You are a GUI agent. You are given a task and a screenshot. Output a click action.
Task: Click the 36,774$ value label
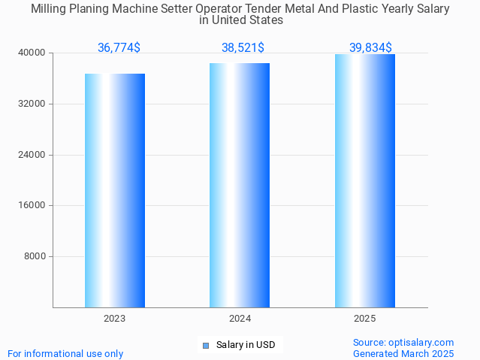pos(119,48)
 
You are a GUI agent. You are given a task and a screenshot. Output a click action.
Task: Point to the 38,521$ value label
pos(243,48)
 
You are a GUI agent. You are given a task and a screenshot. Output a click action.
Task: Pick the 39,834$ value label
pos(370,48)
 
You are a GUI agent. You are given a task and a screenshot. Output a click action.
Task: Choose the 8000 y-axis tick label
pos(35,256)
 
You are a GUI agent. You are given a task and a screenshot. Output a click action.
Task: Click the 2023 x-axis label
pos(115,319)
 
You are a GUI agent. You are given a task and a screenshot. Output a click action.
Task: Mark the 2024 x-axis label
pos(240,319)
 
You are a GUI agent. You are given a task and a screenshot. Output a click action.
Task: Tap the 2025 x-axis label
pos(365,319)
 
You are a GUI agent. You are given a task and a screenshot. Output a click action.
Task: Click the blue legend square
pos(205,346)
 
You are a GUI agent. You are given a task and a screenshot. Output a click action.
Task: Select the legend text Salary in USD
pos(246,346)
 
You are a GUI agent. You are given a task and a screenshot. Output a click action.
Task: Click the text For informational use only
pos(65,353)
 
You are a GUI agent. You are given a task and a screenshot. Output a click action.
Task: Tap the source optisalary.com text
pos(403,343)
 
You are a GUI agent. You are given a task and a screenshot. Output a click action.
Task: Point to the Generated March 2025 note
pos(403,353)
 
